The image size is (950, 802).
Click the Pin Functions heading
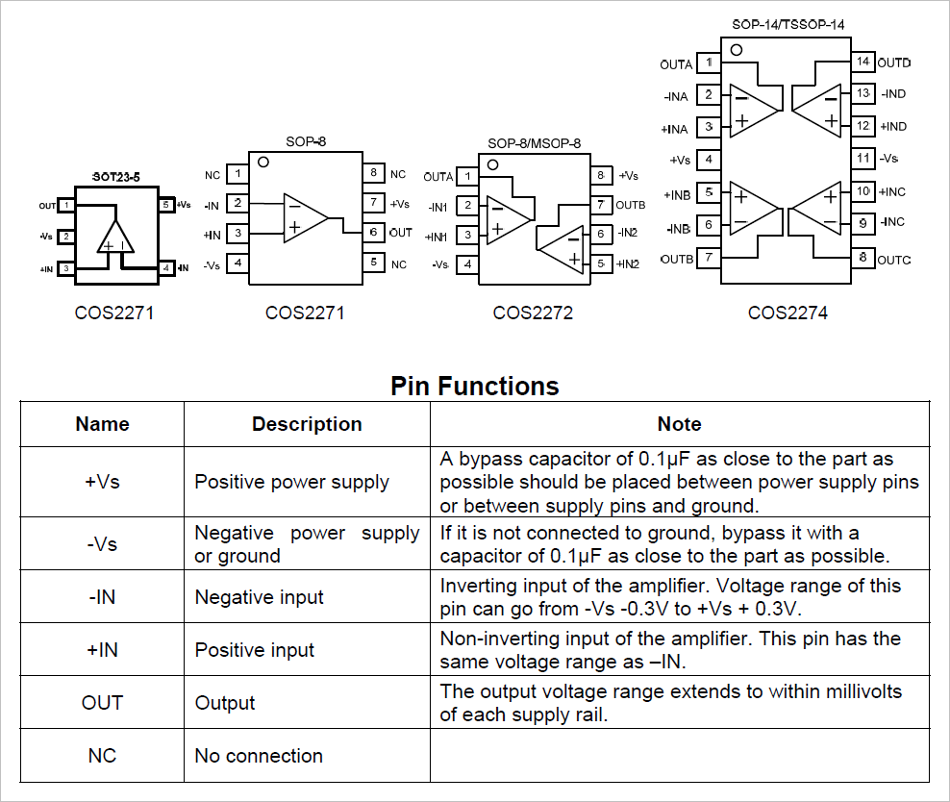tap(474, 387)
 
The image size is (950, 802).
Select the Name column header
tap(102, 424)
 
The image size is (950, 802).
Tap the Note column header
tap(679, 424)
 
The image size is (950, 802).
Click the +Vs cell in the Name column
tap(102, 482)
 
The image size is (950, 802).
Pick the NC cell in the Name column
tap(102, 756)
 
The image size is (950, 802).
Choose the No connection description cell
tap(259, 756)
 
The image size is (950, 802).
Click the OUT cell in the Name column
tap(102, 703)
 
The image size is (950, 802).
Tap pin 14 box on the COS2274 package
tap(862, 63)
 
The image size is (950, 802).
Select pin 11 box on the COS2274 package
tap(862, 158)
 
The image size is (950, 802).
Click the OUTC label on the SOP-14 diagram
tap(894, 260)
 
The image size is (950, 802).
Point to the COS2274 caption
tap(787, 313)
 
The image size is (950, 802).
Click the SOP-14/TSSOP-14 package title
tap(787, 25)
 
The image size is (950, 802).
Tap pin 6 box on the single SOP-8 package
tap(372, 233)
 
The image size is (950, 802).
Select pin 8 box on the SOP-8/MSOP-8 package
tap(601, 176)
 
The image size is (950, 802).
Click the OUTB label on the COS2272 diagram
tap(630, 205)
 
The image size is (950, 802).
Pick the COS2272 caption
tap(533, 313)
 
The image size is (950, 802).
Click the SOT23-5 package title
tap(115, 177)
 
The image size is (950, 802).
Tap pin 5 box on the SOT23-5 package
tap(166, 205)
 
